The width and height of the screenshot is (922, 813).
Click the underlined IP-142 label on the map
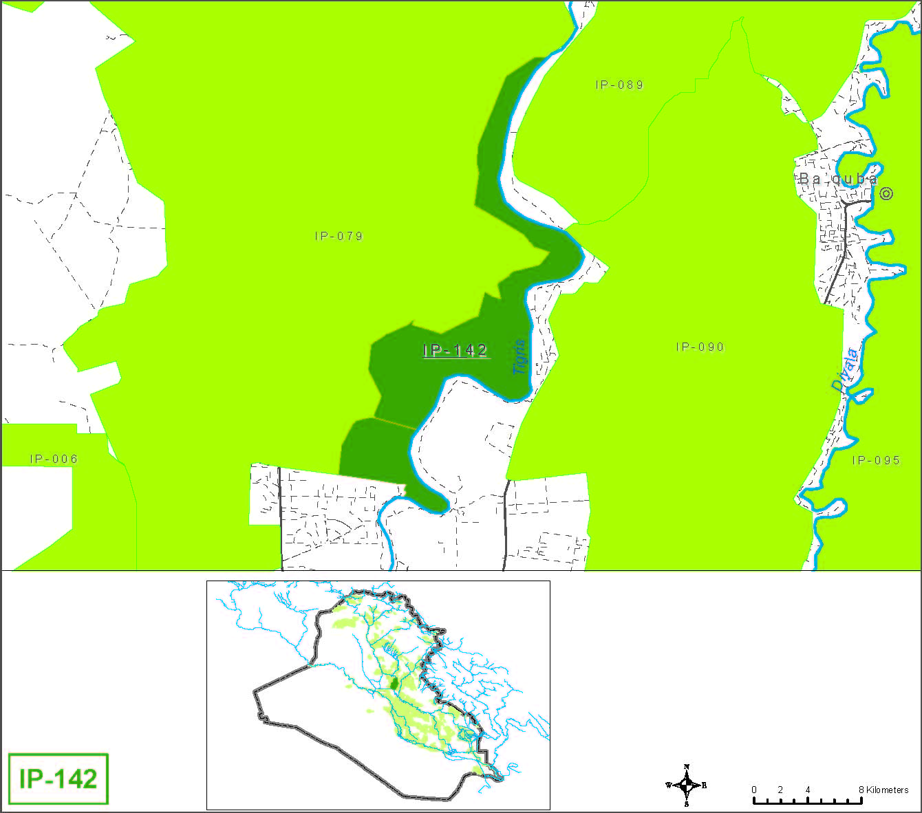pos(455,351)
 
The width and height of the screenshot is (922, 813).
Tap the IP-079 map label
pos(339,236)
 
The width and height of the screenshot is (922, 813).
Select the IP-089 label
pos(619,85)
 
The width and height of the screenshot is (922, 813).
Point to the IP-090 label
pos(700,347)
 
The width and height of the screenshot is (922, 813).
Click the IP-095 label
pos(876,460)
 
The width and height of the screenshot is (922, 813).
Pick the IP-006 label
pos(54,459)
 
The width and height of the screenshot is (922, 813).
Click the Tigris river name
pos(520,357)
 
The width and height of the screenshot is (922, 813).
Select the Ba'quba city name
pos(838,179)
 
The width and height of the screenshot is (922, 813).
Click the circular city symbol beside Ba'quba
pos(887,194)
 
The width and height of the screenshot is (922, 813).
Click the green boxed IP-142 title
pos(58,779)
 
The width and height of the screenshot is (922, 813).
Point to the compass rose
pos(687,785)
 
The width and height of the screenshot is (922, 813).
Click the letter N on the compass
pos(687,767)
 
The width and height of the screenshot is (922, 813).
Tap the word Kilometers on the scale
pos(888,790)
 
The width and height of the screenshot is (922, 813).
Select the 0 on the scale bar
pos(754,790)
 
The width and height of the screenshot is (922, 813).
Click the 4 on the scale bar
pos(807,790)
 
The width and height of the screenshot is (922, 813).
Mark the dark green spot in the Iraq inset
pos(394,684)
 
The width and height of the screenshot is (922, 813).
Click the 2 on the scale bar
pos(780,790)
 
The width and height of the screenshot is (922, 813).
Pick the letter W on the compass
pos(668,785)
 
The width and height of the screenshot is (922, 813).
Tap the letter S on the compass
pos(687,803)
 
